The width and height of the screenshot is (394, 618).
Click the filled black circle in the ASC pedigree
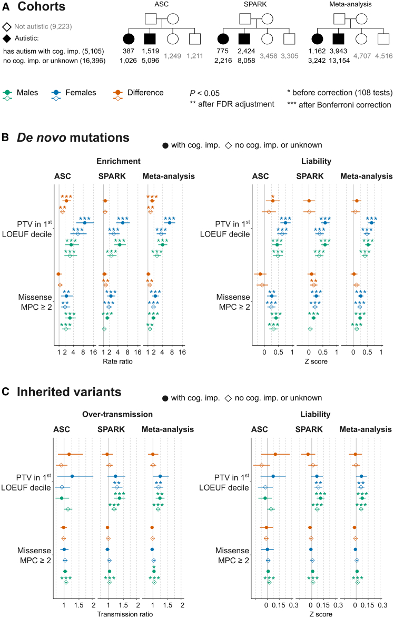129,38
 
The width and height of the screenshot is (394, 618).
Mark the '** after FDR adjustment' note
232,104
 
